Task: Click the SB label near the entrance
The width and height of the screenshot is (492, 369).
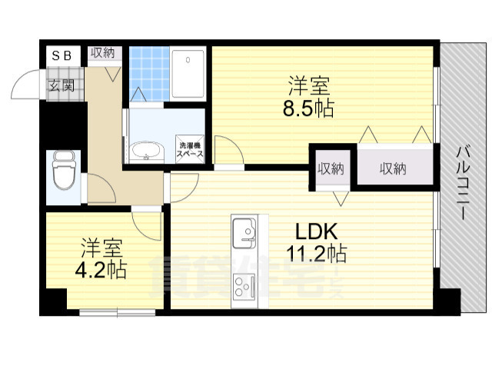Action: (x=61, y=55)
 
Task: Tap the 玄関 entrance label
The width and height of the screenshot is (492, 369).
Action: (x=61, y=85)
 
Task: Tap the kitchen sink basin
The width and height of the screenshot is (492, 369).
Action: (x=244, y=230)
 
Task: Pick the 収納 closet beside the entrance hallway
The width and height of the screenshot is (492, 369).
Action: (x=103, y=54)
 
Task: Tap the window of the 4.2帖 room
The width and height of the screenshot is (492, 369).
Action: (x=117, y=311)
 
